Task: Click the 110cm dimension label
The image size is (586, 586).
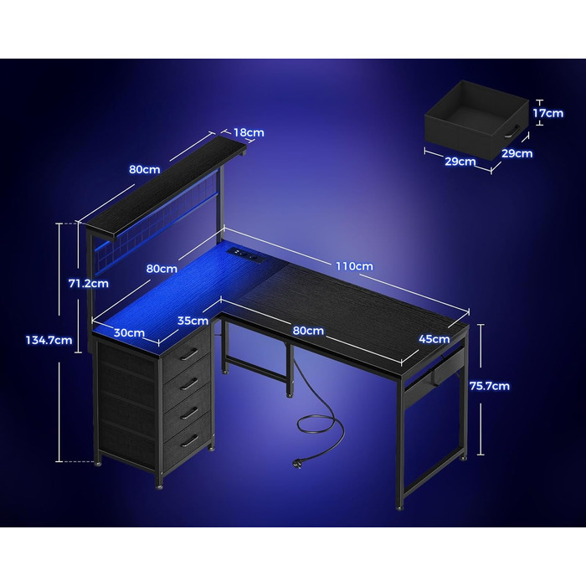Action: coord(354,266)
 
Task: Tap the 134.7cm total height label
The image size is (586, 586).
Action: coord(49,340)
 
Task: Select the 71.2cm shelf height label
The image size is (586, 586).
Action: coord(89,283)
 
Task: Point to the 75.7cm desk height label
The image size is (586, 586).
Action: coord(490,386)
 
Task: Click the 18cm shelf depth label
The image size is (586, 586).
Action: coord(249,132)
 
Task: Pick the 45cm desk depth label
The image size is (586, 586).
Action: coord(434,339)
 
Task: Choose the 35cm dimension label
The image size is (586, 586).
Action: coord(193,321)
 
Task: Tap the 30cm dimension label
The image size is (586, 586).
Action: coord(129,332)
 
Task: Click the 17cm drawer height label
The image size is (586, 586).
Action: coord(547,113)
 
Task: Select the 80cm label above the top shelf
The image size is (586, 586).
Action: coord(145,169)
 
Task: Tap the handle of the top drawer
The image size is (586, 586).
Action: coord(189,353)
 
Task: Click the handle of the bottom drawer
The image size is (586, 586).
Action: coord(189,440)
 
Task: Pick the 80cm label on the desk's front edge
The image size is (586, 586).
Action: coord(308,331)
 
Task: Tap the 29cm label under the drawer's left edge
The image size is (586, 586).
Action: coord(460,162)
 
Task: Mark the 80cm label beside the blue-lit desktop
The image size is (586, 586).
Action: coord(162,269)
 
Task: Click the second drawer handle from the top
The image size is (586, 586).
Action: coord(189,383)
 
